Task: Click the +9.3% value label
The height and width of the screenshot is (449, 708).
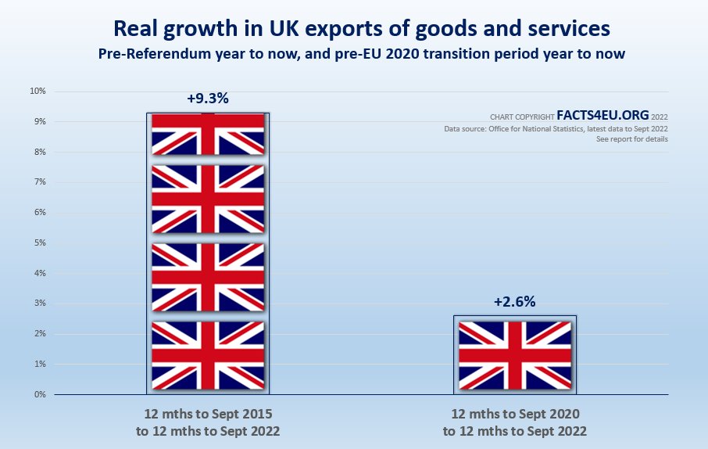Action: [x=207, y=99]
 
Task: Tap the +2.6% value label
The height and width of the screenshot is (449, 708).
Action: [x=514, y=302]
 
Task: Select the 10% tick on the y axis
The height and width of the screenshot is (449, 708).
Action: [x=38, y=91]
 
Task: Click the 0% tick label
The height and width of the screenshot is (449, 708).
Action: [x=39, y=395]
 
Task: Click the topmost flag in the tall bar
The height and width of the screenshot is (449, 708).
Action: [x=208, y=134]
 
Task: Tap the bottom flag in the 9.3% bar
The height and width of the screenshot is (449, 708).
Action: [x=208, y=355]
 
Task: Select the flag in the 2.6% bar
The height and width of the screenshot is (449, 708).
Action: [x=515, y=355]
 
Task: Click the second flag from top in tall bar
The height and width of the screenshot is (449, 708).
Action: [x=208, y=199]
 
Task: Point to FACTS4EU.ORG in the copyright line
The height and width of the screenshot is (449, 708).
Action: [x=603, y=114]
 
